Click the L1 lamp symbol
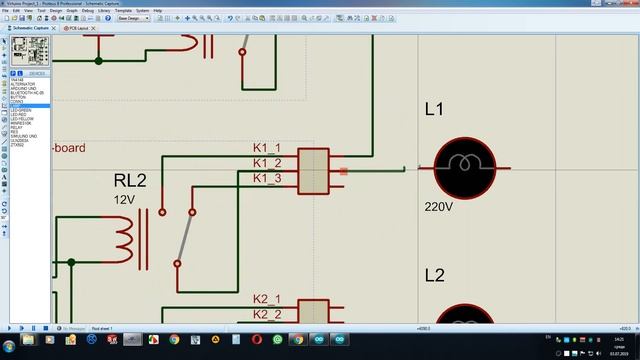[464, 167]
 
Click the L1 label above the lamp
[434, 110]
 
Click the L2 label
[434, 275]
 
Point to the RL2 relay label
[130, 181]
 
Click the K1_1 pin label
[266, 149]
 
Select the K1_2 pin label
[266, 163]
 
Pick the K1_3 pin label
[266, 178]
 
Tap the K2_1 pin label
[266, 299]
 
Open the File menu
[5, 10]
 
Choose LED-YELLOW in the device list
[21, 116]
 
